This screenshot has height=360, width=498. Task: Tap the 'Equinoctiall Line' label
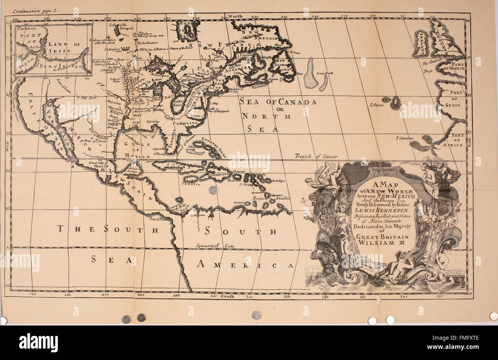tap(212, 245)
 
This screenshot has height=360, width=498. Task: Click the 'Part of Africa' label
tap(457, 140)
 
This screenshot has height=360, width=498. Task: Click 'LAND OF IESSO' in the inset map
tap(64, 48)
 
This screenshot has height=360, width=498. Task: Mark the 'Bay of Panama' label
tap(159, 219)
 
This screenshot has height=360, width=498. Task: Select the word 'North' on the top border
tap(236, 16)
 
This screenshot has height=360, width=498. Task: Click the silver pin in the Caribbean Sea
tap(213, 190)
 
